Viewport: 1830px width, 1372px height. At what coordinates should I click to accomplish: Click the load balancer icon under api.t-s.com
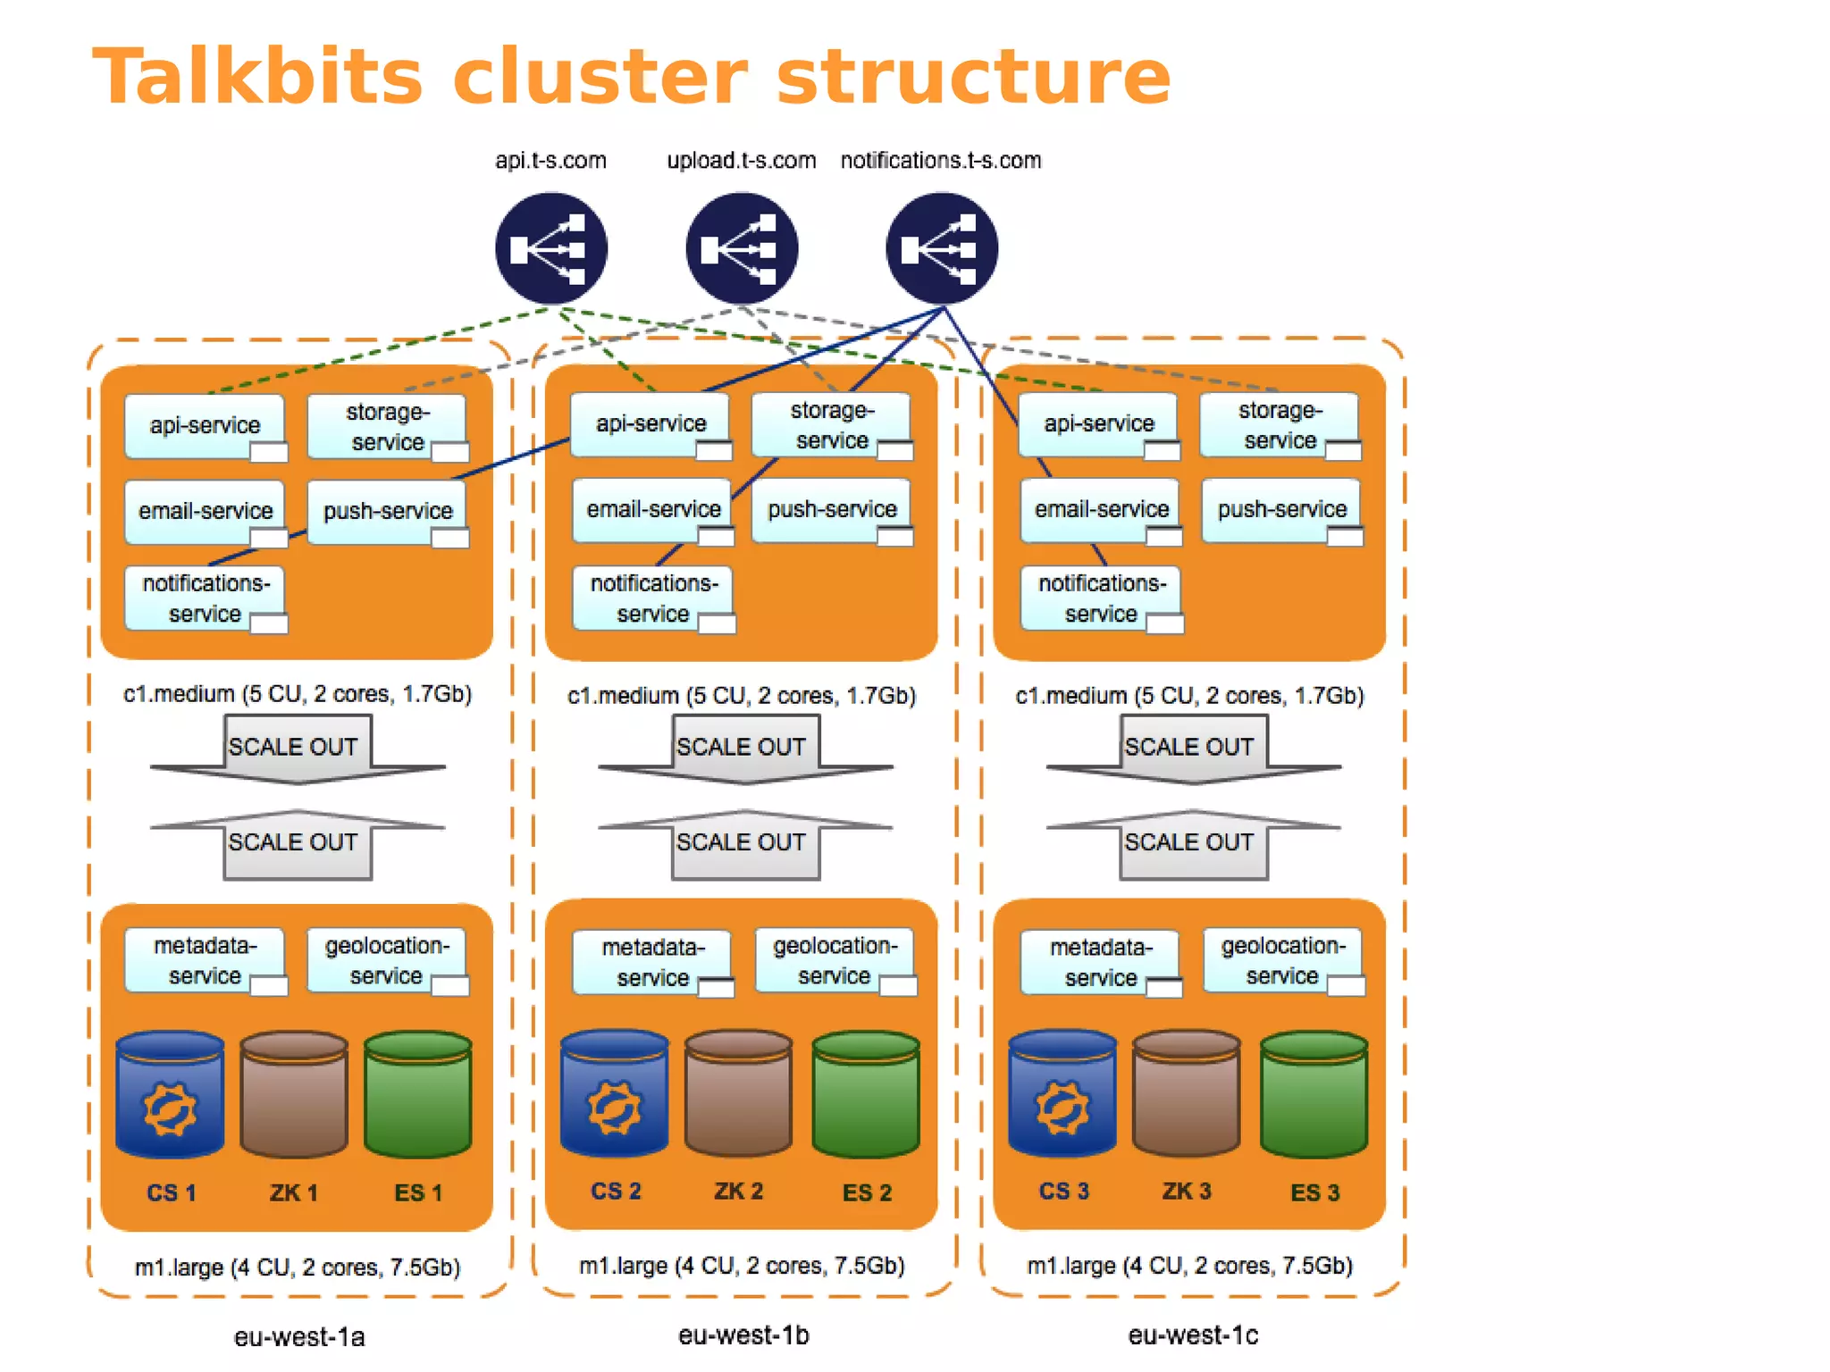point(551,249)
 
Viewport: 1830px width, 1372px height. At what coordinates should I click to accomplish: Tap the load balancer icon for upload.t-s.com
point(742,249)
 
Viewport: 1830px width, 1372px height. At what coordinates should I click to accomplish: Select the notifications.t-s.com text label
point(940,160)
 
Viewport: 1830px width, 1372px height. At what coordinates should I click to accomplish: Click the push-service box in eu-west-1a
point(386,511)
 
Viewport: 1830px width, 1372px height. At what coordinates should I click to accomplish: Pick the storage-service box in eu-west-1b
point(831,425)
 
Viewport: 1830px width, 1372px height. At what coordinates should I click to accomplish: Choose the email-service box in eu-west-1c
point(1100,509)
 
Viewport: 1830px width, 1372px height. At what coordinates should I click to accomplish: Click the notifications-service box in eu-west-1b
point(652,598)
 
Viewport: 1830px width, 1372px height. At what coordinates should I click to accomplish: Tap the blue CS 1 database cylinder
point(170,1095)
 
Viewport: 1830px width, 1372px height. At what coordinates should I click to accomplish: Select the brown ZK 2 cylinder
point(738,1093)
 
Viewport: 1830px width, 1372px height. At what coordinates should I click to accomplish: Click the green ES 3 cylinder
point(1314,1093)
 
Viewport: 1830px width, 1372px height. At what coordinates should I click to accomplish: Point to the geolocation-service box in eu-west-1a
point(386,960)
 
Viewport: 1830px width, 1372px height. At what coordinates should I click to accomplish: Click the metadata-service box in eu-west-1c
point(1100,961)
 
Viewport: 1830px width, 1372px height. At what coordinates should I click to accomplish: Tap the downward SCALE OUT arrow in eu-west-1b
point(743,750)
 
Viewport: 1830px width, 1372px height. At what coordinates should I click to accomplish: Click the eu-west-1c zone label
point(1192,1335)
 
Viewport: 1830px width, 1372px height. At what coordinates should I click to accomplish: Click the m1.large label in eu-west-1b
point(742,1266)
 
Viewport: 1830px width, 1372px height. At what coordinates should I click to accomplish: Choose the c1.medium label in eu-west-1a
point(297,694)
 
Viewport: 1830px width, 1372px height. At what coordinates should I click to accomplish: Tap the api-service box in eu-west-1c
point(1098,424)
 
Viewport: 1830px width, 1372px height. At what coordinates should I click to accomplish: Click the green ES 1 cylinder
point(417,1095)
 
